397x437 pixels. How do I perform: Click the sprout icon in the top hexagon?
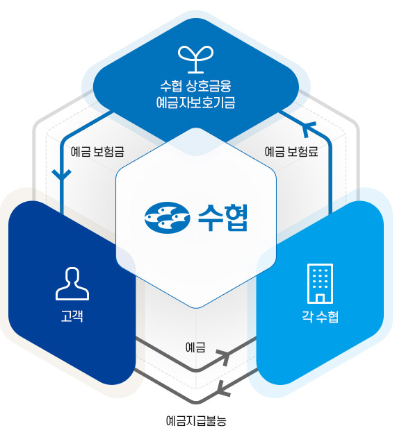(196, 60)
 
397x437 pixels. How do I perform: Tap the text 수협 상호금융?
(196, 85)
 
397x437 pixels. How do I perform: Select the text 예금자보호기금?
(196, 102)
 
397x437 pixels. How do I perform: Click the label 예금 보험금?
(97, 152)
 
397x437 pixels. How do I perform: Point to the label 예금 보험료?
(291, 152)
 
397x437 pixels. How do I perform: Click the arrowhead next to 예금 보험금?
(62, 174)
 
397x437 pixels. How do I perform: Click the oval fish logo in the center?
(167, 217)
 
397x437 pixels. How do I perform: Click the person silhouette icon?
(72, 284)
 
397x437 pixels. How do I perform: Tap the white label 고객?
(72, 316)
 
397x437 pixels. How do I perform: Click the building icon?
(320, 283)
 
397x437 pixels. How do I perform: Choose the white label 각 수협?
(320, 316)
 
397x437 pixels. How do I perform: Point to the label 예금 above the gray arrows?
(195, 348)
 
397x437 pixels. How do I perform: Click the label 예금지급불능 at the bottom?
(196, 421)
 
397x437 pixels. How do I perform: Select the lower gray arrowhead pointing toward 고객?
(223, 388)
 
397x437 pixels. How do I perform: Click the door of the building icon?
(320, 298)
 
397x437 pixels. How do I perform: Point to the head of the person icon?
(72, 276)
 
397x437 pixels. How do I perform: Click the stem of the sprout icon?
(196, 65)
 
